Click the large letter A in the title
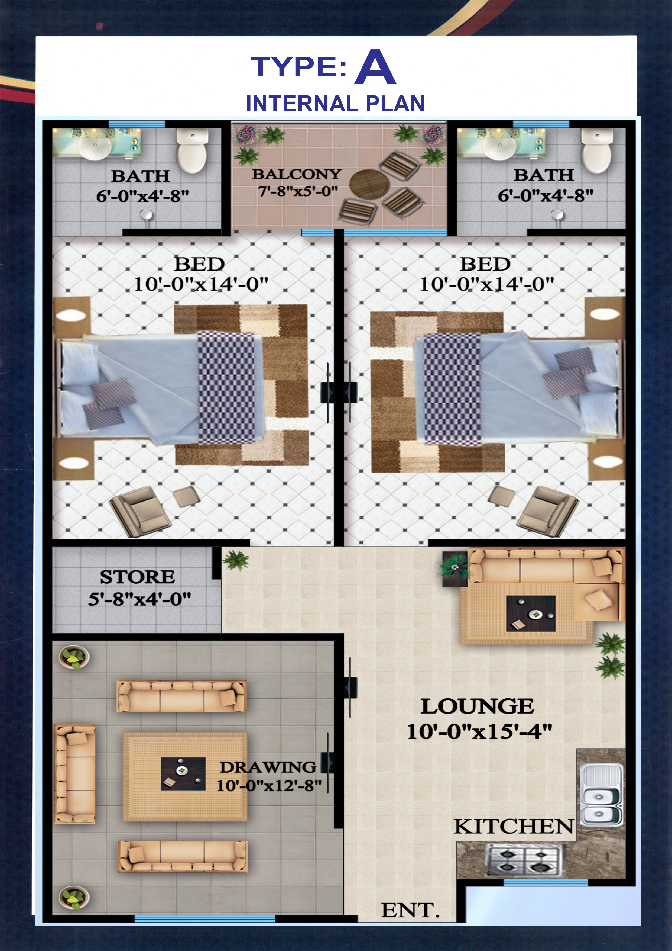click(x=375, y=68)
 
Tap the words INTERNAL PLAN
click(x=336, y=104)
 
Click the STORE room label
click(x=137, y=577)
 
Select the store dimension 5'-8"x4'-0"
click(x=139, y=599)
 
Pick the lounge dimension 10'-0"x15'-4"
click(x=479, y=732)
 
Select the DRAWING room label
click(x=268, y=767)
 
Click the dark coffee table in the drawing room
click(x=183, y=773)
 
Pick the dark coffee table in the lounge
click(x=531, y=613)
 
